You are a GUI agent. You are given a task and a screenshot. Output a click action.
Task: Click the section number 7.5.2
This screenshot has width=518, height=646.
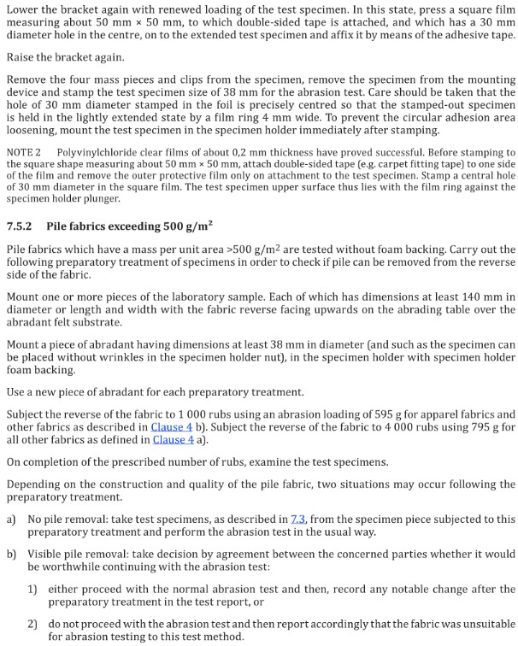click(19, 226)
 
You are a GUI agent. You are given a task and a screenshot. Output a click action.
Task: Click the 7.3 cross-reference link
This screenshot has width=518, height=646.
click(297, 519)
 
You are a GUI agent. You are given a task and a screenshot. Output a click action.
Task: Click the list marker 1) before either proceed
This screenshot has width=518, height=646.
click(32, 589)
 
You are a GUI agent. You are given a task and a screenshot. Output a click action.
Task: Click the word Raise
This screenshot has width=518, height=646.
click(21, 57)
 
